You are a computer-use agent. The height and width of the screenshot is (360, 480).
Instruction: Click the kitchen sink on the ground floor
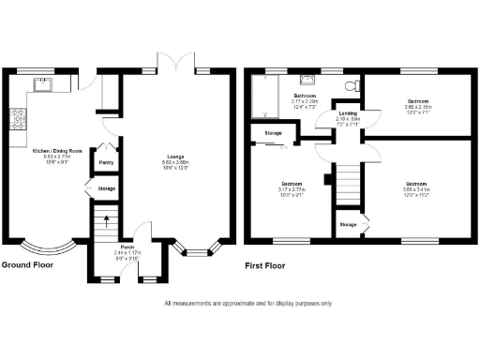click(x=43, y=85)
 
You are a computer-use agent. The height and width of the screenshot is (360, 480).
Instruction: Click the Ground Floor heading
click(x=27, y=265)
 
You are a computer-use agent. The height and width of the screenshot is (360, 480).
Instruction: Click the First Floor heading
click(x=264, y=265)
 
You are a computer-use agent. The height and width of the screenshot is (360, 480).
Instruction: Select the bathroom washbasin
click(x=307, y=81)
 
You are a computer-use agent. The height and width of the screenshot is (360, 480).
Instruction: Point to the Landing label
click(x=347, y=113)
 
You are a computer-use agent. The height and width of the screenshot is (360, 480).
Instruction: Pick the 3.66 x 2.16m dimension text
click(x=418, y=107)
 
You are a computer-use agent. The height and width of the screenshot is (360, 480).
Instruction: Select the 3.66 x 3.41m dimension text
click(x=418, y=189)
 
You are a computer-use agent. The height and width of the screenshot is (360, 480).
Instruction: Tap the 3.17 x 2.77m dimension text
click(x=292, y=189)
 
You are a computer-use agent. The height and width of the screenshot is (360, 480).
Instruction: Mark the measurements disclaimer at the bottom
click(x=247, y=303)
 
